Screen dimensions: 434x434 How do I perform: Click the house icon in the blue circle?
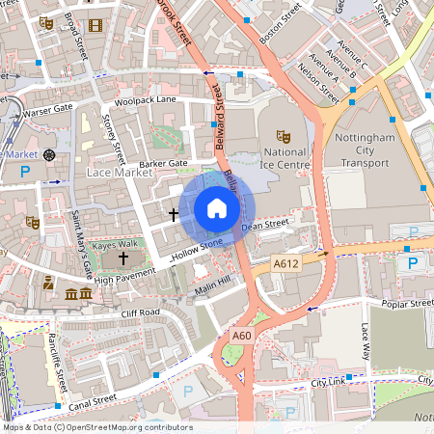click(x=217, y=208)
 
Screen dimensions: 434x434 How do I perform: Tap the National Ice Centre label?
click(x=285, y=158)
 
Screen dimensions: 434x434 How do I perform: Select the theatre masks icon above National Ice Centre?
click(x=284, y=136)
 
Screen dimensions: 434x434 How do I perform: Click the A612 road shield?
click(x=285, y=262)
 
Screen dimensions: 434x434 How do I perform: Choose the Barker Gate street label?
click(x=163, y=164)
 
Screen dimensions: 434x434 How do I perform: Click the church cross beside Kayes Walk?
click(x=122, y=258)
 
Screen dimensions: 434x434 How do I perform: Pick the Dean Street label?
click(x=265, y=226)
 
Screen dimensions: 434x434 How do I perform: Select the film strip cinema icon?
click(x=95, y=26)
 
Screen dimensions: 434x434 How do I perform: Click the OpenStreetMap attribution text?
click(x=96, y=427)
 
